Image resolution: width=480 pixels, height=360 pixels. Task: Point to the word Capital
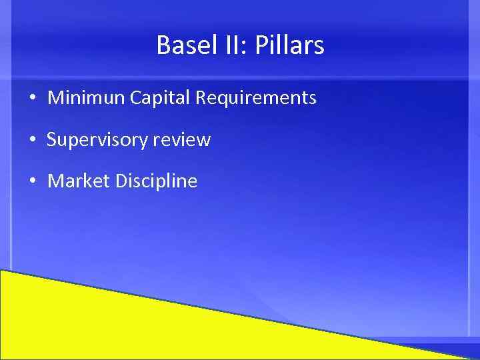click(160, 99)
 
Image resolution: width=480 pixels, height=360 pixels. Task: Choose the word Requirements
click(255, 99)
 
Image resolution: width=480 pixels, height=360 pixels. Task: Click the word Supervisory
click(97, 140)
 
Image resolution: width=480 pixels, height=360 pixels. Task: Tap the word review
click(181, 140)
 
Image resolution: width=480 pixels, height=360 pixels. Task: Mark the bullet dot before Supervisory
click(32, 141)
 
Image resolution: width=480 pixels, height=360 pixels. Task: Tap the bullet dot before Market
click(32, 181)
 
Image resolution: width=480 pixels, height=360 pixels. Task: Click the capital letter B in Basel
click(163, 45)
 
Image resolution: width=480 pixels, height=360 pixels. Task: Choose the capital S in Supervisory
click(51, 140)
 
